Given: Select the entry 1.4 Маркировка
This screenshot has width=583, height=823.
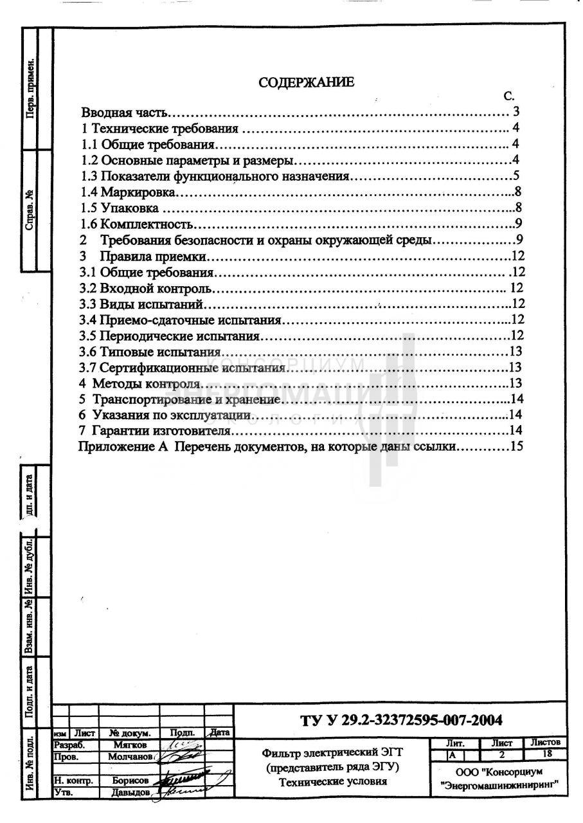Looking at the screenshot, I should pos(128,192).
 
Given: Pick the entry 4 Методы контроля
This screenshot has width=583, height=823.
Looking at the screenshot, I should pos(134,383).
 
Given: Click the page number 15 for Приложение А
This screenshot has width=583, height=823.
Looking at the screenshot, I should pos(517,446).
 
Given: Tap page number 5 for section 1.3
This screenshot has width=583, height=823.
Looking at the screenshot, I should pos(516,176).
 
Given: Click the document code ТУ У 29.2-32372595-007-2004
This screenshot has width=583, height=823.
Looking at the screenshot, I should pos(401,719).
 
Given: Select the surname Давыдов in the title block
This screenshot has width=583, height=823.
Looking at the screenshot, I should pos(128,792).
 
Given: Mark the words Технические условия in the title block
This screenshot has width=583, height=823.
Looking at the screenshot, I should pos(333,782).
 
